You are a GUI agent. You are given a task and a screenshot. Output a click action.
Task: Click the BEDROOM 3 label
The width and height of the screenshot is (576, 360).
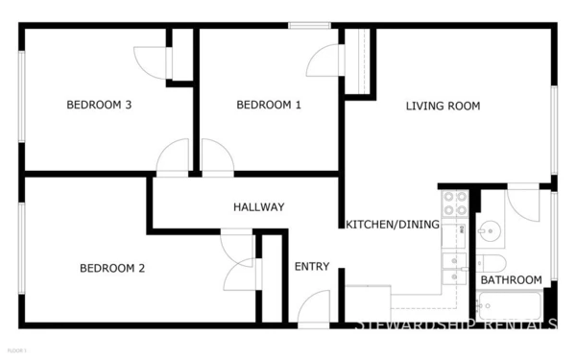[x=98, y=106]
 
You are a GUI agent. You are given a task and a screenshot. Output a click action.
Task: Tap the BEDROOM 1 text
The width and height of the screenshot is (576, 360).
[x=269, y=106]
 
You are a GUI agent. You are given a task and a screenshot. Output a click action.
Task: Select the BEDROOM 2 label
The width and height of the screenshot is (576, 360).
[x=111, y=268]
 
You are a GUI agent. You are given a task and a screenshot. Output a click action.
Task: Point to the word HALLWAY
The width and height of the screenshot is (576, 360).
[x=258, y=206]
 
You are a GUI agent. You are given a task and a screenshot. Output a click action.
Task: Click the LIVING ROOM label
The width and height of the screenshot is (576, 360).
[x=443, y=106]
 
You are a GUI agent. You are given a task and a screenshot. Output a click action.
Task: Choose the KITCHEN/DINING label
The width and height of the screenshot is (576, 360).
[x=393, y=225]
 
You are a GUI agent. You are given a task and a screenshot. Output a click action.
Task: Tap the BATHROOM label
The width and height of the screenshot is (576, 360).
[x=511, y=280]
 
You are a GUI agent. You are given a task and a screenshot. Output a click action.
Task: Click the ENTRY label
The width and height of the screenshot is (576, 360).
[x=312, y=266]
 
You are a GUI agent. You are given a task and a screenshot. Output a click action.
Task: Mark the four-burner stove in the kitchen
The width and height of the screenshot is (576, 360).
[x=454, y=203]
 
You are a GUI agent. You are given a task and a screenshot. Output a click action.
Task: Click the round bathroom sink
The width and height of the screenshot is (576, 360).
[x=491, y=231]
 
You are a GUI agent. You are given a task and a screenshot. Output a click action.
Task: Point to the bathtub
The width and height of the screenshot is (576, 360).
[x=509, y=307]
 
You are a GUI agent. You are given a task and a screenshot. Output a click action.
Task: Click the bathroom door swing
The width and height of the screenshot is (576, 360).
[x=524, y=203]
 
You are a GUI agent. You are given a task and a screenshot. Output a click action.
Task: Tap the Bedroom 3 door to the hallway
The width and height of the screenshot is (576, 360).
[x=175, y=157]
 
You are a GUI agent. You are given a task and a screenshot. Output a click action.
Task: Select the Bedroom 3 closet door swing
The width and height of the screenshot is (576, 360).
[x=153, y=62]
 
